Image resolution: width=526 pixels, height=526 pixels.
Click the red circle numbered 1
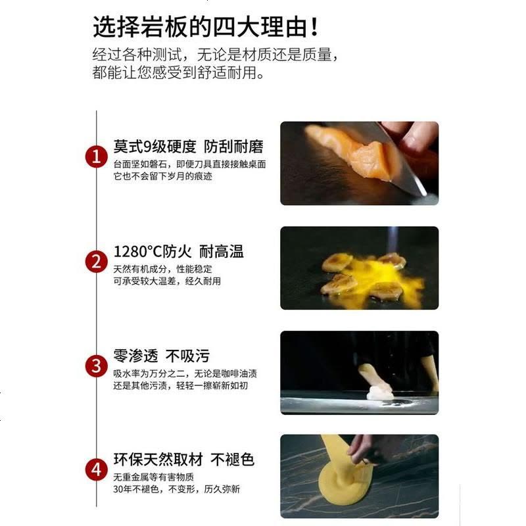96,156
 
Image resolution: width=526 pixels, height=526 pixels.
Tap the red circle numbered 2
96,262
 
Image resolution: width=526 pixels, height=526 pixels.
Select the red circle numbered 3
96,366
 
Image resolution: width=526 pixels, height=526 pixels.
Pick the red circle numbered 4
96,469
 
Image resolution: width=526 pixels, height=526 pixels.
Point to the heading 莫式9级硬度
155,146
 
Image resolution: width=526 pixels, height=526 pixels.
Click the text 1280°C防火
153,251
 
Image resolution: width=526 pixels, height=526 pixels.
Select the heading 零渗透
135,356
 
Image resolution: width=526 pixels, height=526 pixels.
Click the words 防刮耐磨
233,146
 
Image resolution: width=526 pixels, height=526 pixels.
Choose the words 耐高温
222,251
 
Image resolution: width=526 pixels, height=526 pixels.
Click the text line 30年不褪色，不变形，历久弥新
176,489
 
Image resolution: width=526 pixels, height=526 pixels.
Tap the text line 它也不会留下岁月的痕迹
162,176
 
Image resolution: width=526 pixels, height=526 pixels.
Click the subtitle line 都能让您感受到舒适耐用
178,72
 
